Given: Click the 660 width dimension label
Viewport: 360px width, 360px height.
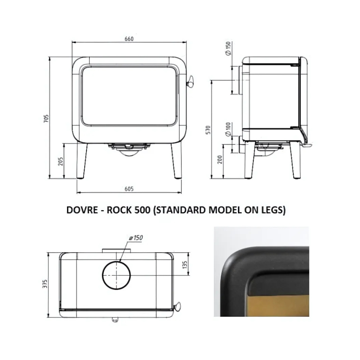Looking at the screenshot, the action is [x=129, y=39].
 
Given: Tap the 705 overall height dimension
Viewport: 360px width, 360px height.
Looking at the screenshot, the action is [x=46, y=118].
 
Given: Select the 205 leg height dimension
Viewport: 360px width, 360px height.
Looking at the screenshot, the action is [x=60, y=162].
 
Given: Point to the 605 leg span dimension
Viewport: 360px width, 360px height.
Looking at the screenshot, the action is [x=129, y=189].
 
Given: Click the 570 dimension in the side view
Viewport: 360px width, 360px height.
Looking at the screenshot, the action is [x=208, y=130].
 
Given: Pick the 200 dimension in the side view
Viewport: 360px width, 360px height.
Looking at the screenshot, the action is [x=220, y=159].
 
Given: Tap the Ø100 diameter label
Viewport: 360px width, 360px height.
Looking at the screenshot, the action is [x=228, y=129].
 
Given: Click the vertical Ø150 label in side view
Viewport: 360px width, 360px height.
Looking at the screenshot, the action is [x=228, y=48].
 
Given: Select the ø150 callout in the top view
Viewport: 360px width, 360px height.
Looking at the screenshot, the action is [x=136, y=238].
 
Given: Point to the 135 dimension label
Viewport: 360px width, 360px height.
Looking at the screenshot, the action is [x=185, y=265].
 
